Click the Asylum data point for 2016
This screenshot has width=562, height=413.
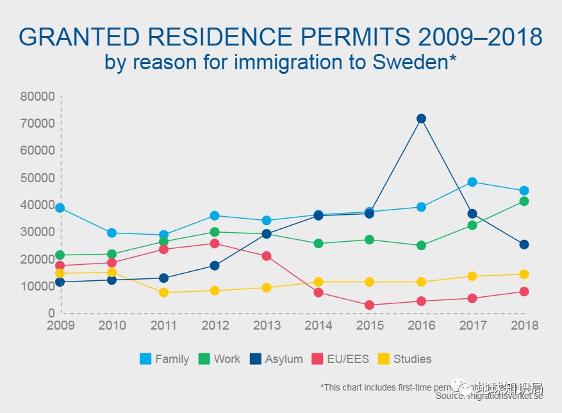pyautogui.click(x=421, y=119)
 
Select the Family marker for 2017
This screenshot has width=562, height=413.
pyautogui.click(x=472, y=182)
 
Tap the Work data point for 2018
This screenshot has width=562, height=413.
pyautogui.click(x=524, y=201)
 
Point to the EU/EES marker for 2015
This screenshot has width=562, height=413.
pyautogui.click(x=370, y=305)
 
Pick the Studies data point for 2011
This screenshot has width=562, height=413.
pyautogui.click(x=163, y=292)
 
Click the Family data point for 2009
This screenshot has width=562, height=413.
pyautogui.click(x=60, y=208)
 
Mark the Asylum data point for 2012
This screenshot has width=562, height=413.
pyautogui.click(x=215, y=265)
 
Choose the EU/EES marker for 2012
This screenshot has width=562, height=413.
pyautogui.click(x=215, y=244)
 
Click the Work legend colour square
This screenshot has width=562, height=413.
pyautogui.click(x=204, y=359)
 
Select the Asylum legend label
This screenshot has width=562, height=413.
pyautogui.click(x=284, y=359)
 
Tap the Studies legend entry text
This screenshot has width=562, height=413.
pyautogui.click(x=412, y=359)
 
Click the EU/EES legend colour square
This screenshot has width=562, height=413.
pyautogui.click(x=317, y=359)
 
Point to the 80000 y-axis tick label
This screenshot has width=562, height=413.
pyautogui.click(x=37, y=97)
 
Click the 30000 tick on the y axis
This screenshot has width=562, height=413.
pyautogui.click(x=37, y=232)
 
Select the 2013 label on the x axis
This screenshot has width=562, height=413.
pyautogui.click(x=267, y=326)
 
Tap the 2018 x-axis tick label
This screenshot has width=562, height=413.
pyautogui.click(x=524, y=326)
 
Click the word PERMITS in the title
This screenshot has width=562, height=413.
pyautogui.click(x=347, y=37)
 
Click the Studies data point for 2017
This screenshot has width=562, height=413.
pyautogui.click(x=472, y=276)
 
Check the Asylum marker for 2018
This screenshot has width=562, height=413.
pyautogui.click(x=524, y=244)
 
